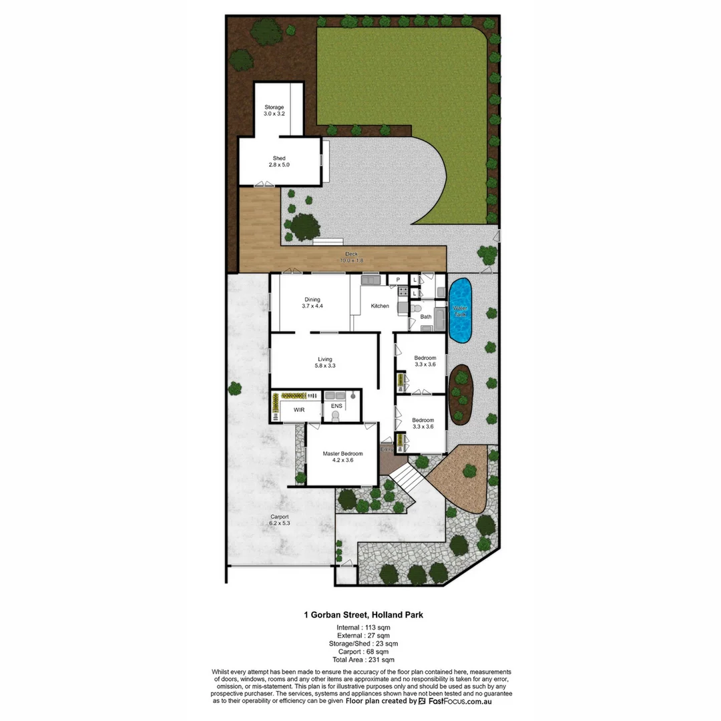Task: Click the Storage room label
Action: [274, 110]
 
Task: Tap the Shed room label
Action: [279, 161]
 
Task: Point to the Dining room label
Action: [312, 302]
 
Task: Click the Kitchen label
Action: [380, 306]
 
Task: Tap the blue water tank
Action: [460, 311]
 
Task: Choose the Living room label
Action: [324, 363]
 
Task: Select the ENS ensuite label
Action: [336, 405]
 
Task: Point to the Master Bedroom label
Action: [342, 457]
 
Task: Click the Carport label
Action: [279, 519]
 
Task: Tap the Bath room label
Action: [426, 316]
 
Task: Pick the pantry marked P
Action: [398, 280]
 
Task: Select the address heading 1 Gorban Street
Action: [360, 615]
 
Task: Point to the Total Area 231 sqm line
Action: [360, 660]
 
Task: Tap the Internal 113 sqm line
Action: [360, 628]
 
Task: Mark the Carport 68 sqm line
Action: [360, 652]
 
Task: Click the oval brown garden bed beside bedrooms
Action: [461, 394]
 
